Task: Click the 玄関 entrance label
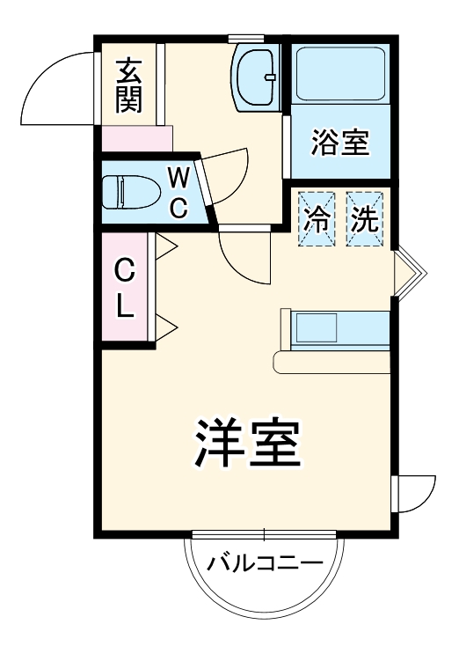(128, 85)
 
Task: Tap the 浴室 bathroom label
(339, 143)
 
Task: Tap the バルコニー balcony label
(266, 563)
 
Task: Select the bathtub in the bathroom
(340, 74)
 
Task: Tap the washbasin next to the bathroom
(257, 76)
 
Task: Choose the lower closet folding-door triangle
(166, 328)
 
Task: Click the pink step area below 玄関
(136, 139)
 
